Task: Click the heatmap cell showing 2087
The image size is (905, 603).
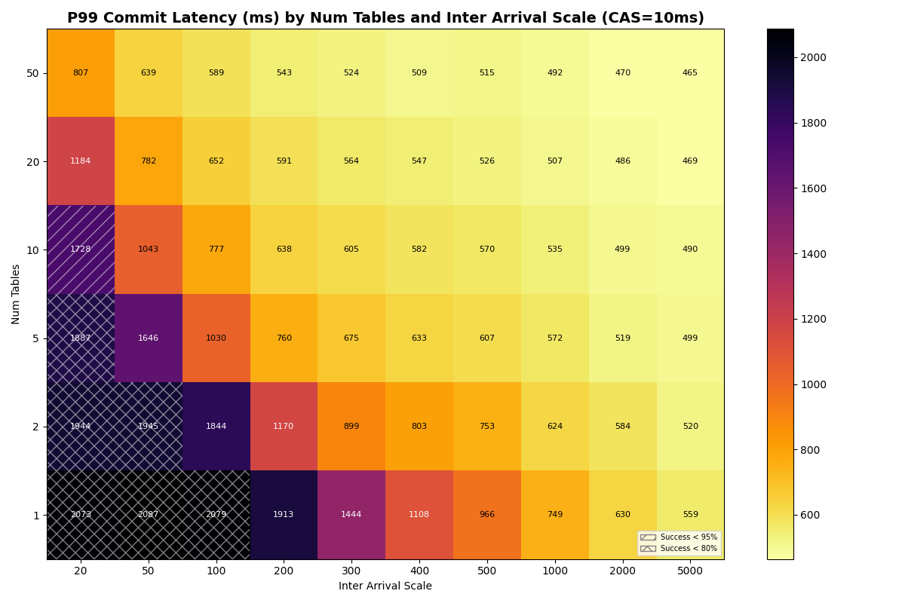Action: [x=149, y=515]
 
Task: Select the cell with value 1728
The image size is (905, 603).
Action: [x=81, y=249]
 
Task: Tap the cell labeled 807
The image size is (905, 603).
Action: [x=81, y=73]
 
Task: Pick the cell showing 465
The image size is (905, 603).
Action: [x=690, y=73]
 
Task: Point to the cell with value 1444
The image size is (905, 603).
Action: [x=351, y=515]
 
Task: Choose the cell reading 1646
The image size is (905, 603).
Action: [x=149, y=338]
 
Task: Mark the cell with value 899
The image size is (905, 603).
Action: [x=351, y=427]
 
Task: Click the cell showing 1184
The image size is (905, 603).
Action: [x=81, y=161]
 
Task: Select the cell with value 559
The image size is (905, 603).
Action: [x=690, y=515]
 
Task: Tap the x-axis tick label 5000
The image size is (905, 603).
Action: [x=690, y=571]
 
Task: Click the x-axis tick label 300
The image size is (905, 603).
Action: [x=351, y=571]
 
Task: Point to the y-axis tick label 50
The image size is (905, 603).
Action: [x=32, y=73]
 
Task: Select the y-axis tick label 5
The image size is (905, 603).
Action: [x=35, y=338]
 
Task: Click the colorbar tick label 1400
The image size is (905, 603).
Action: [x=814, y=254]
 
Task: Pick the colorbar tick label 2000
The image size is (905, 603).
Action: [x=814, y=57]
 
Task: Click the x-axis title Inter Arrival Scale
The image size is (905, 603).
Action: [x=385, y=586]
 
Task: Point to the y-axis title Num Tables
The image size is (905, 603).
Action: [x=17, y=294]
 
